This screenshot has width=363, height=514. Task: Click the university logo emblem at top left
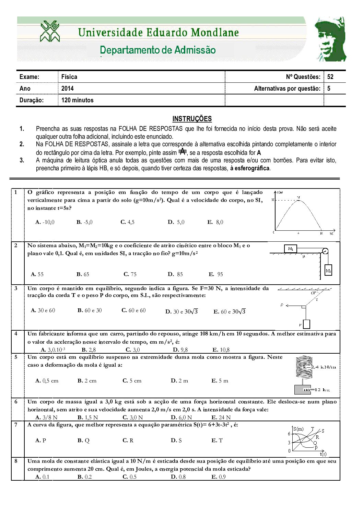[x=50, y=31]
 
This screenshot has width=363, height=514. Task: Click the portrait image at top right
[x=330, y=39]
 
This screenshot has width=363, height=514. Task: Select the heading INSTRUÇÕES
[x=192, y=119]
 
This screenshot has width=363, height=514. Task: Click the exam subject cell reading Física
[x=69, y=77]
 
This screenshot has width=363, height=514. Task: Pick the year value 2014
[x=67, y=89]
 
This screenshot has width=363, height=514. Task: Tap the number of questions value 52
[x=330, y=77]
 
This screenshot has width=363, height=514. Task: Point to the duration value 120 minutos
[x=77, y=100]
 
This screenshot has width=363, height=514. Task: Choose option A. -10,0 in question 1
[x=45, y=222]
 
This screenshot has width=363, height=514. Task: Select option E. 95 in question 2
[x=216, y=274]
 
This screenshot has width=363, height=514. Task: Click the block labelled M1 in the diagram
[x=291, y=249]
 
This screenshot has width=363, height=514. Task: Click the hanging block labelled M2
[x=328, y=271]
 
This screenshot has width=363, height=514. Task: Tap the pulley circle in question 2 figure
[x=325, y=251]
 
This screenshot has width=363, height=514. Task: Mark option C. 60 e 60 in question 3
[x=133, y=310]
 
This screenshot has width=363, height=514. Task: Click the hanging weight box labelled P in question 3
[x=306, y=324]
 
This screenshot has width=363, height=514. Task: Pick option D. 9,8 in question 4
[x=180, y=350]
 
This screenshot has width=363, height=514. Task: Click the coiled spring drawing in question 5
[x=304, y=367]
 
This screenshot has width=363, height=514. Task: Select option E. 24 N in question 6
[x=221, y=418]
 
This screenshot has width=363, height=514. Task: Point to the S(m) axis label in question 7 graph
[x=298, y=429]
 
